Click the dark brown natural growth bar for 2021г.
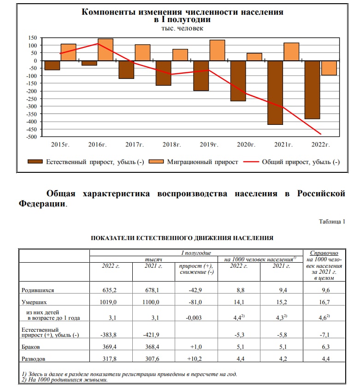275,92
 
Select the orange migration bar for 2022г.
329,68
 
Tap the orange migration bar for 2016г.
106,49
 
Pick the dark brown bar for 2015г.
52,65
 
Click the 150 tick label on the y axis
32,38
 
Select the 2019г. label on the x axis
209,145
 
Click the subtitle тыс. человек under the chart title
182,28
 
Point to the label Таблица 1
332,221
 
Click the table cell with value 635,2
110,290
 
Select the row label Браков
32,346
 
